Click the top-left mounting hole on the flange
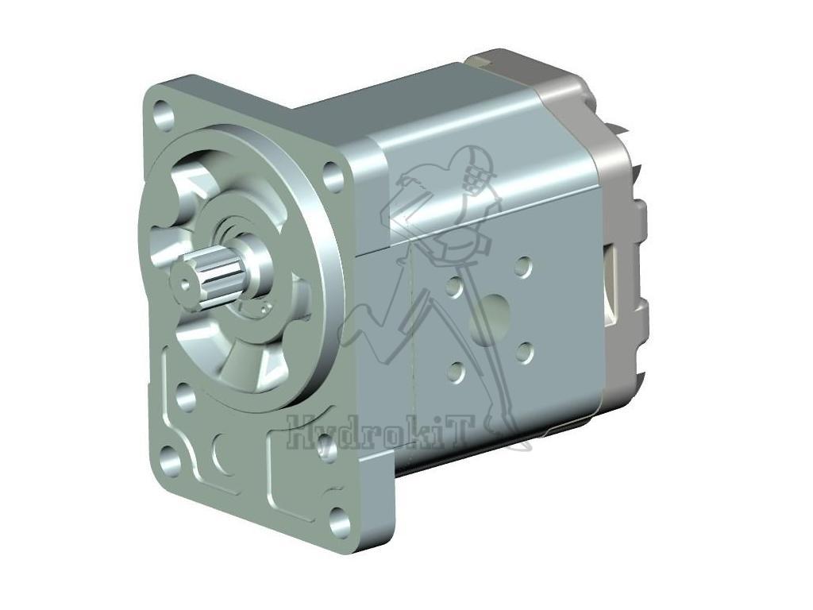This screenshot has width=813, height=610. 164,114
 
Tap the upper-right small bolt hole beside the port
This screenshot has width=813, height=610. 522,266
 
